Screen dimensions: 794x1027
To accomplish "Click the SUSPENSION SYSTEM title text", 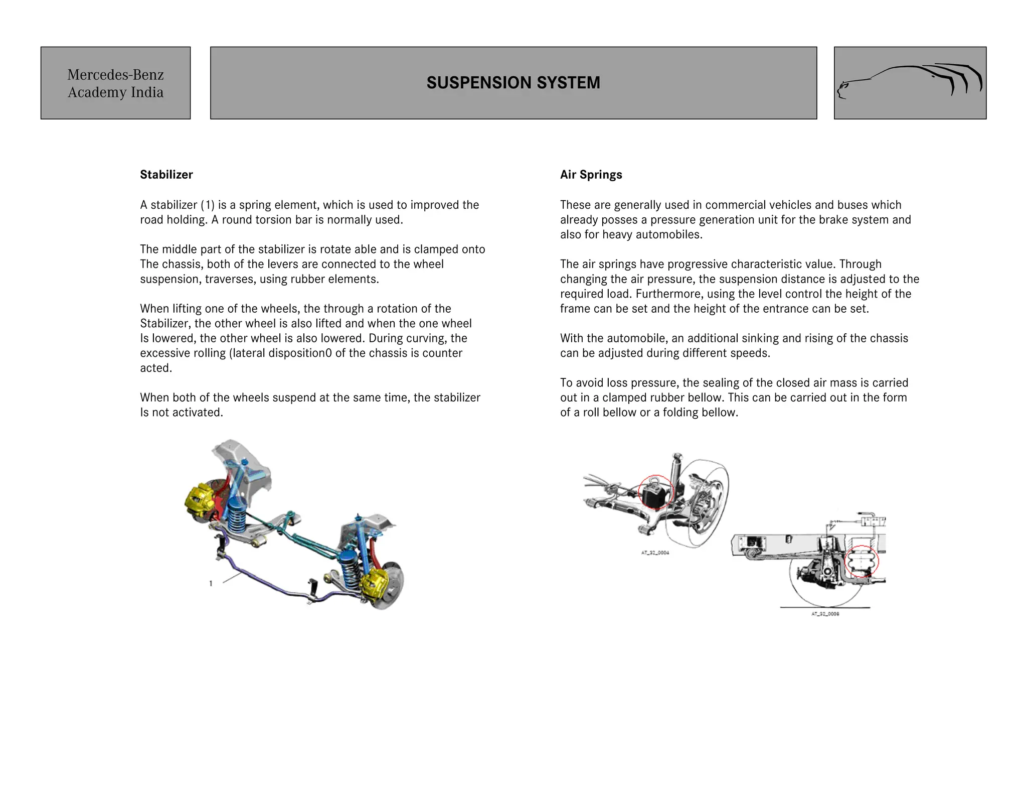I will click(x=513, y=83).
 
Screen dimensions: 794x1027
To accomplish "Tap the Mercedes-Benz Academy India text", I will click(x=115, y=83).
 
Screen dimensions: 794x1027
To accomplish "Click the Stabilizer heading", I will click(x=166, y=175).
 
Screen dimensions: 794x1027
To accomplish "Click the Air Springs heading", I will click(x=591, y=175).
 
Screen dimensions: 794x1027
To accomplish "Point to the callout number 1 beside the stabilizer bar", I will click(x=211, y=583).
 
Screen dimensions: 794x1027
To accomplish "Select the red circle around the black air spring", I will click(x=655, y=492).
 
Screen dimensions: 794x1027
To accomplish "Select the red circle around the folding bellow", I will click(x=862, y=561).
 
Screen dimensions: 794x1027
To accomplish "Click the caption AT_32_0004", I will click(x=655, y=553).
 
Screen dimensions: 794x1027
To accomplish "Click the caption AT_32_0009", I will click(x=825, y=614).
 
